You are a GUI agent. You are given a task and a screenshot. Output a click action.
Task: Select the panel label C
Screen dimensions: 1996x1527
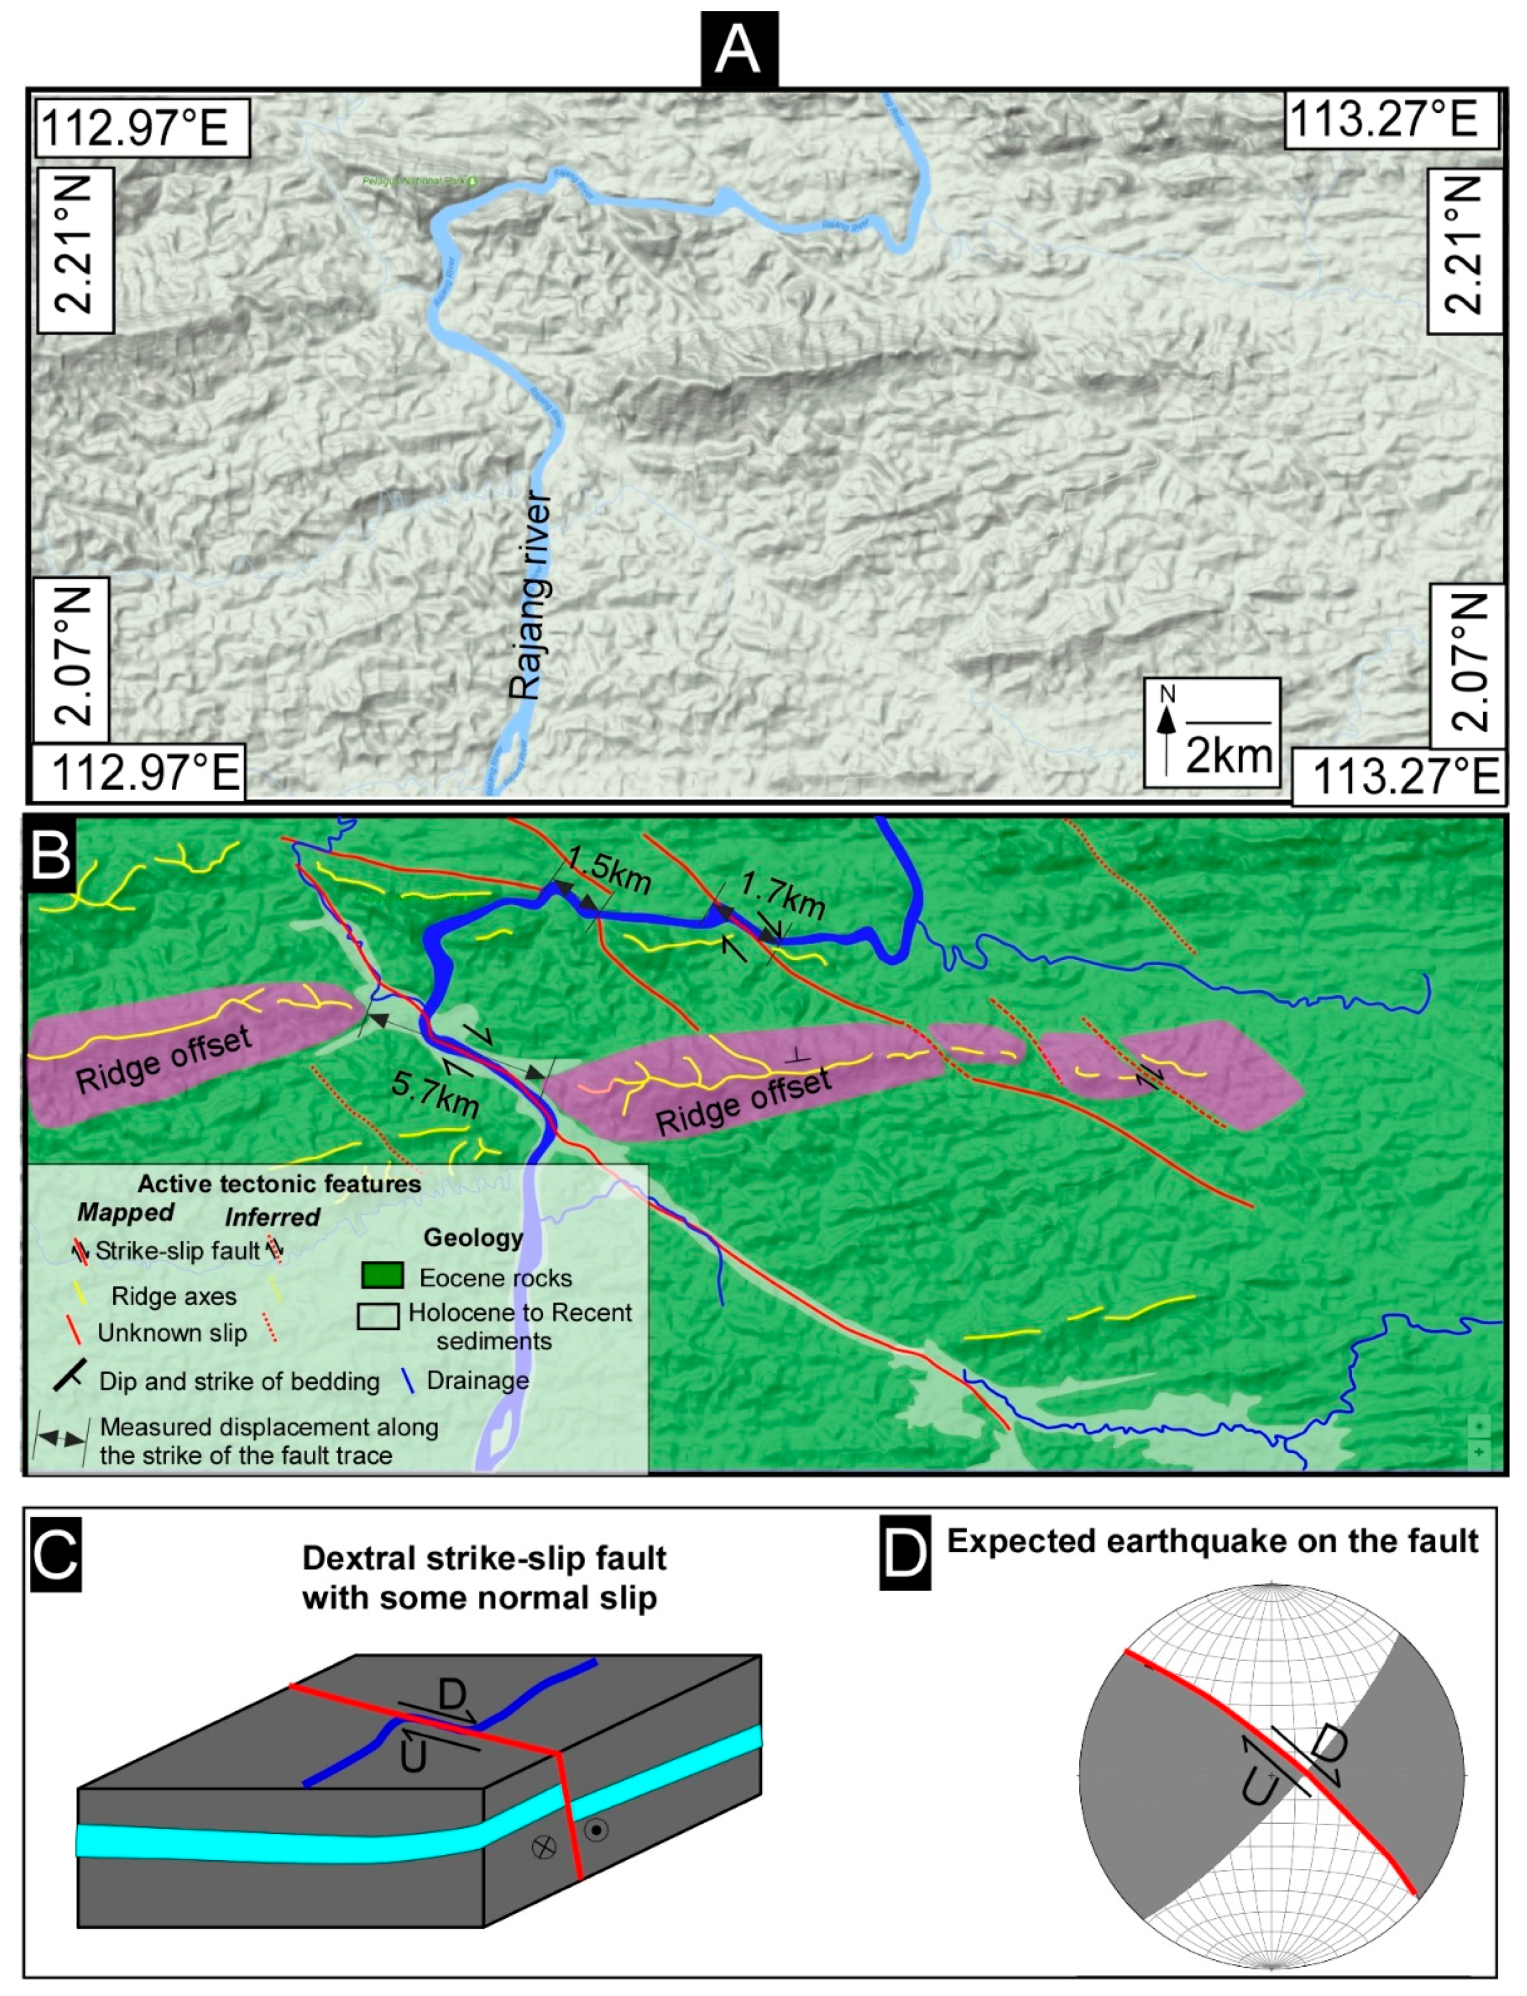[55, 1554]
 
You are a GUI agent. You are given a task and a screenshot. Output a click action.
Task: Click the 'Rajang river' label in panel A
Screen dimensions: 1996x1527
[532, 596]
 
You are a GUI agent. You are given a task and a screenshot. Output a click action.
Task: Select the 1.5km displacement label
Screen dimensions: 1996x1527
[608, 870]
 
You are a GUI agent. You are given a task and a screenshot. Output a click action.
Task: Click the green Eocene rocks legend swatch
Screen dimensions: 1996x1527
[382, 1276]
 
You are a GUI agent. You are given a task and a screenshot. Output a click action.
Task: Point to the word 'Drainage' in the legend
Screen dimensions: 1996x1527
[478, 1381]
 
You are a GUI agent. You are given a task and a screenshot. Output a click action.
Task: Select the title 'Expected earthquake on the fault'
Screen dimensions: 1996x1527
[1212, 1541]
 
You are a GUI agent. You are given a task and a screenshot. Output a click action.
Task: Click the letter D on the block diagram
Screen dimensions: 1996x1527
[452, 1695]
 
